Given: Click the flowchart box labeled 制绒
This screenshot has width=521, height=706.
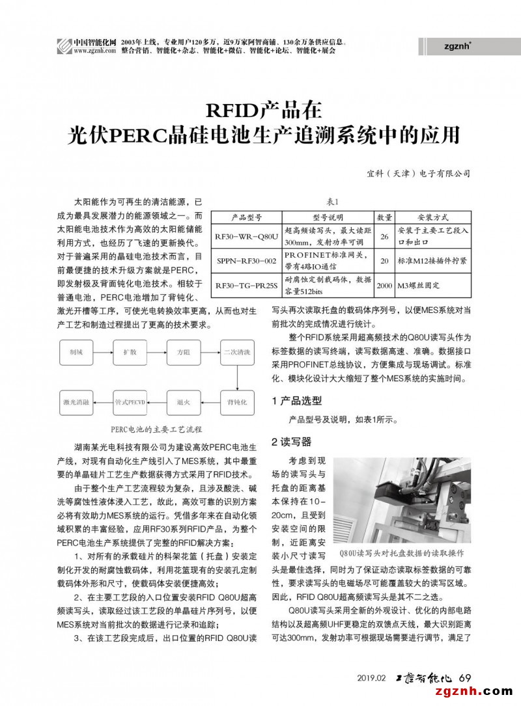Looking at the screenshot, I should coord(76,352).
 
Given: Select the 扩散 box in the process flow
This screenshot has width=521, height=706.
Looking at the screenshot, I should coord(130,352).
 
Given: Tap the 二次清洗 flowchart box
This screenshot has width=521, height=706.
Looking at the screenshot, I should coord(236,352).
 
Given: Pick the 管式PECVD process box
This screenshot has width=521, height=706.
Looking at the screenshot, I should coord(130,402).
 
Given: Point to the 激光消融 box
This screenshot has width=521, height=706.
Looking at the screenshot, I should coord(76,402).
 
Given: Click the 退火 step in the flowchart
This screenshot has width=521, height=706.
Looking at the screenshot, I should coord(183,402).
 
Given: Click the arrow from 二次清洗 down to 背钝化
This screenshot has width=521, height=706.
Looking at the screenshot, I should coord(236,377).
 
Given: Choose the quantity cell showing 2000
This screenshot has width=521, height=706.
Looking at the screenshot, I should coord(384,284).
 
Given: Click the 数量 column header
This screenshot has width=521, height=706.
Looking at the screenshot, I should coord(384,217).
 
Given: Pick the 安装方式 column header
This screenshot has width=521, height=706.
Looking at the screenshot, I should coord(432,217).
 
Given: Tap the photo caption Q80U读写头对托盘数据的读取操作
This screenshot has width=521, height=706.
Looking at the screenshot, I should coord(401,553).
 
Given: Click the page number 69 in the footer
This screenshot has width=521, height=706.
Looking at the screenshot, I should coord(465,677).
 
